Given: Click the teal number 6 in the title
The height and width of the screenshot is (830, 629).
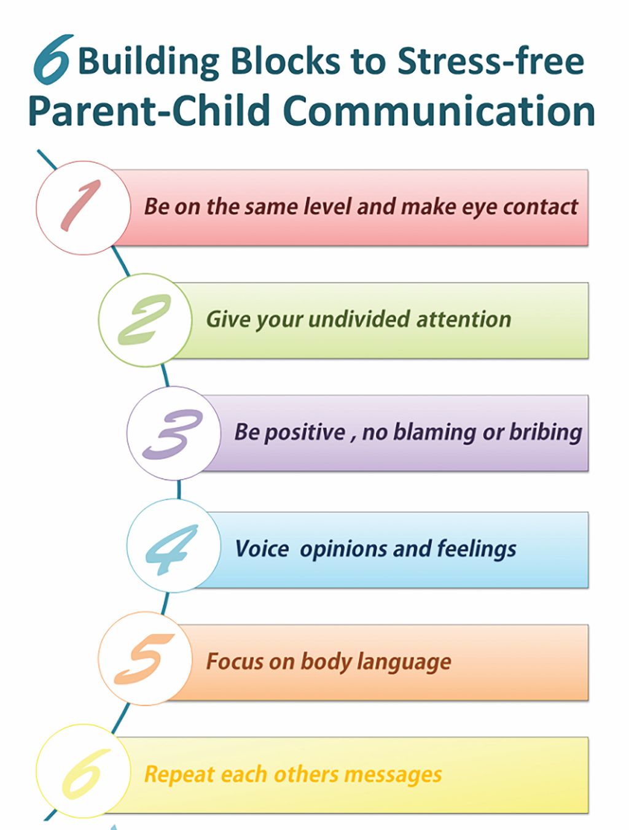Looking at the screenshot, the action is pos(53,59).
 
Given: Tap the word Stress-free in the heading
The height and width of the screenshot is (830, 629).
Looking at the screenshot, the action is pos(491,61).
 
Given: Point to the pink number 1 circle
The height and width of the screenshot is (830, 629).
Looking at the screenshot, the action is pos(84,207).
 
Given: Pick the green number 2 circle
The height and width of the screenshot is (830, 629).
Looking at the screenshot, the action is pos(145,320).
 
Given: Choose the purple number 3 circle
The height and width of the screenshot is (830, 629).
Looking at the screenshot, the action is pos(174,433).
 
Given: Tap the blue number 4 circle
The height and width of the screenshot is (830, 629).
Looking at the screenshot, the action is pos(174,545).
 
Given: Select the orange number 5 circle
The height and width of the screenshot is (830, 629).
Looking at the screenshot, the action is pos(145,658).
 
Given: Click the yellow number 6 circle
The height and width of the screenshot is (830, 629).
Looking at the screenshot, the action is pos(84,770).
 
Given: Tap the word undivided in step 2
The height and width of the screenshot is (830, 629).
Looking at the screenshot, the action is pos(359,319).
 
